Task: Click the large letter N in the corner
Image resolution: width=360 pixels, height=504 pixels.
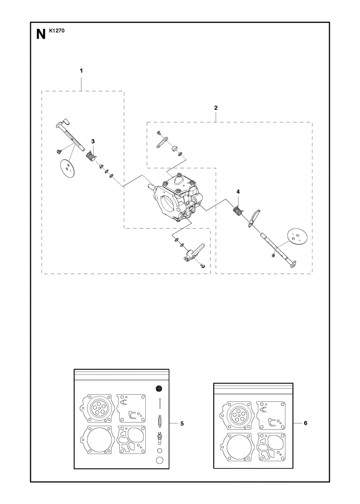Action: (x=41, y=34)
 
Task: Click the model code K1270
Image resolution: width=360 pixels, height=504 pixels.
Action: (x=57, y=31)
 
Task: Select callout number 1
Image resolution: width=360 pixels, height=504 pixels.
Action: (x=81, y=71)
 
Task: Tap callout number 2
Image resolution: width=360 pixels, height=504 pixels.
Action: (x=216, y=108)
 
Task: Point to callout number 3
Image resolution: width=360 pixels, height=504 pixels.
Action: (x=93, y=141)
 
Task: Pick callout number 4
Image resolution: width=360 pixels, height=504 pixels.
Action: (x=238, y=192)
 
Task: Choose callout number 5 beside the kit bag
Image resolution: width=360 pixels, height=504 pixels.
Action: (x=182, y=423)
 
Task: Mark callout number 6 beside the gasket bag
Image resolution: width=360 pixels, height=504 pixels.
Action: (x=306, y=423)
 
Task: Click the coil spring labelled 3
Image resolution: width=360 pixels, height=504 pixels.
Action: (x=92, y=157)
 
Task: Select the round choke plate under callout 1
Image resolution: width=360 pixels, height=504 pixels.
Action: (x=67, y=168)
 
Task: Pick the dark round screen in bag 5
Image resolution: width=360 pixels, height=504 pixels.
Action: (x=158, y=389)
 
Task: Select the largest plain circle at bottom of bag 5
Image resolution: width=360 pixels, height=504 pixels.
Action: (x=159, y=460)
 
